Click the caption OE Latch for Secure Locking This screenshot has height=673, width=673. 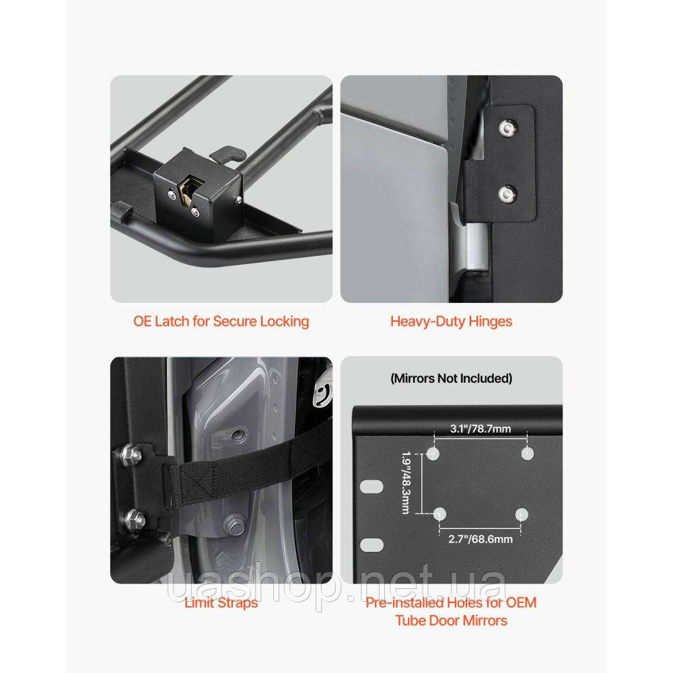(x=221, y=322)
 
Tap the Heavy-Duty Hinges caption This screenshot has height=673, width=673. (x=451, y=322)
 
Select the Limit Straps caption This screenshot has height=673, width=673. (x=221, y=602)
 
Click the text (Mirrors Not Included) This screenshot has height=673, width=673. (x=451, y=378)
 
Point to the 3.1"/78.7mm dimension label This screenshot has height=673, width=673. (x=481, y=429)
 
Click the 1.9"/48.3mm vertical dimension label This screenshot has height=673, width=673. (x=406, y=483)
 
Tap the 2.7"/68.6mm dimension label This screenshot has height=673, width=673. (x=481, y=539)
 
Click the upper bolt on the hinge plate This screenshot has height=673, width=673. (x=507, y=128)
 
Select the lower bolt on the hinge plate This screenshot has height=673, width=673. (x=507, y=193)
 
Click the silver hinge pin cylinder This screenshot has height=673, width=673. (x=476, y=249)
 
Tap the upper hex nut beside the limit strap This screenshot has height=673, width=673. (x=131, y=454)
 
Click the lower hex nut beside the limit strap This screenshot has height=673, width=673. (x=135, y=520)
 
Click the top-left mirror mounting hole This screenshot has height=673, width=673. (x=433, y=453)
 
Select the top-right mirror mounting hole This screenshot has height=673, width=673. (x=527, y=453)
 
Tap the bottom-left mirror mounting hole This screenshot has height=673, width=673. (x=439, y=514)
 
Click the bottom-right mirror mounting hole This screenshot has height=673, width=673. (x=522, y=514)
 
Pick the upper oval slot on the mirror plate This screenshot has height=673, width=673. (x=371, y=487)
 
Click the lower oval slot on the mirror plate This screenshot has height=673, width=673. (x=371, y=545)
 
